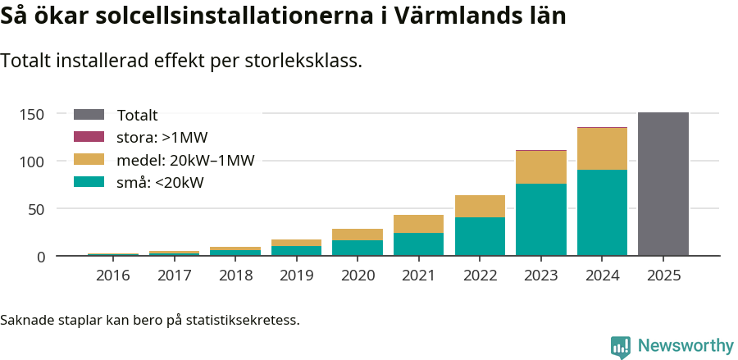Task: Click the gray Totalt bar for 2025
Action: click(x=663, y=185)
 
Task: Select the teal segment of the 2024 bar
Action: click(x=602, y=213)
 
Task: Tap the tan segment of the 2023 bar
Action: click(x=540, y=167)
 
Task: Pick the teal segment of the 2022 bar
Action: click(x=480, y=236)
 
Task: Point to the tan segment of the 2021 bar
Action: click(x=418, y=224)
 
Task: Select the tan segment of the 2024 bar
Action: click(x=602, y=148)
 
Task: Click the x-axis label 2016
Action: click(x=112, y=276)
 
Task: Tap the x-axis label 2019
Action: click(x=296, y=276)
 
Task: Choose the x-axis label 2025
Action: click(x=663, y=276)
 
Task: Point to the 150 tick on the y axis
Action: click(x=32, y=114)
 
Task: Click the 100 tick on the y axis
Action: click(x=32, y=162)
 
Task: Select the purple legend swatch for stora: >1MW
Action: click(x=89, y=137)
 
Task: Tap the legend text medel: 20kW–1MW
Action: click(x=186, y=160)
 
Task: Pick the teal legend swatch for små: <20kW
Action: click(x=89, y=182)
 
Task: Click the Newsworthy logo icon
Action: click(x=621, y=346)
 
